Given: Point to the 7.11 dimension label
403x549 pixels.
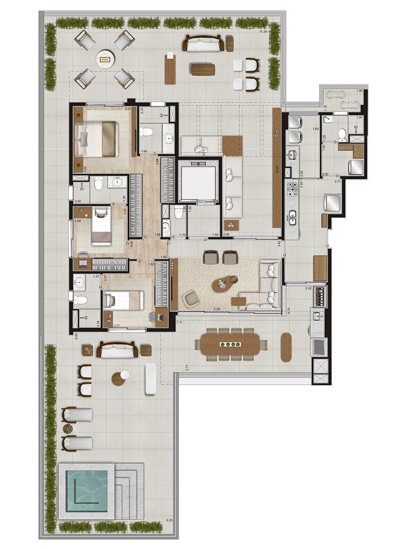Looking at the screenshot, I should click(180, 323).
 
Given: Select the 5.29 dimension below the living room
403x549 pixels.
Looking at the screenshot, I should click(217, 309).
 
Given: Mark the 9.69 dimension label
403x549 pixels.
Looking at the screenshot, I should click(76, 335).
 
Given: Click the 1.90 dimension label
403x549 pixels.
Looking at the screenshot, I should click(359, 90).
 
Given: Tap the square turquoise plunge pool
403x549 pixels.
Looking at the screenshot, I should click(87, 490).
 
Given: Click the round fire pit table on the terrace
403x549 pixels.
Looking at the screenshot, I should click(105, 59).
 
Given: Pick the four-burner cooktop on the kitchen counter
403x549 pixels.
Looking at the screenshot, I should click(293, 189).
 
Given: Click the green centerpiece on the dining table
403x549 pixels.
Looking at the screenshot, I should click(229, 344).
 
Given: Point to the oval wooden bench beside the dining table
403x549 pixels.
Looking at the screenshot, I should click(286, 347).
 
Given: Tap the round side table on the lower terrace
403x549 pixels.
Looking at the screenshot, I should click(120, 378).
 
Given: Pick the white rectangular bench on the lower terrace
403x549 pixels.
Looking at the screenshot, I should click(150, 378).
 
